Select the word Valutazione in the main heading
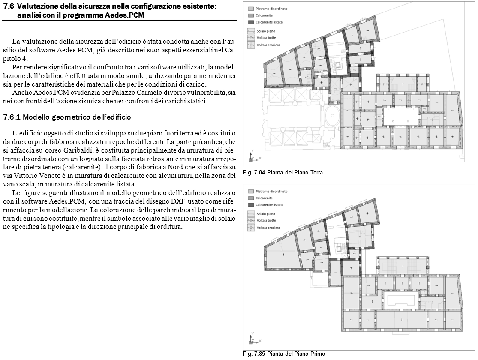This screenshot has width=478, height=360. [39, 6]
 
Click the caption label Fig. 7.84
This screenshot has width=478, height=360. [254, 173]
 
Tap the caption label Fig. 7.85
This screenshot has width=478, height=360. [254, 354]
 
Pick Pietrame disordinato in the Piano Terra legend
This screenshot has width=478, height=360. [271, 9]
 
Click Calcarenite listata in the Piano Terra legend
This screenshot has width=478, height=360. [269, 22]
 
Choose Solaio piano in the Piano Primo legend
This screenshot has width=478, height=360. [266, 213]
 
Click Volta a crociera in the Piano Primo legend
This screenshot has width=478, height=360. [269, 227]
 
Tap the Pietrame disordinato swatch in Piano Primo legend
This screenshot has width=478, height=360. [250, 191]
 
